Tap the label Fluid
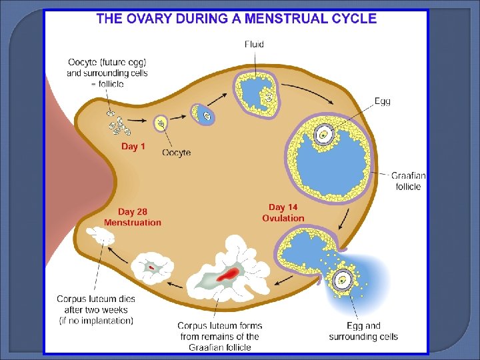pos(254,45)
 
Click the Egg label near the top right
pos(383,101)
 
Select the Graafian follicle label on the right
pos(408,181)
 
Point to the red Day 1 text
pos(133,147)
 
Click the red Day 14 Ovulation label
pos(283,213)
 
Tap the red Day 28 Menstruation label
pos(133,217)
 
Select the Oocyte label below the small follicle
pos(177,153)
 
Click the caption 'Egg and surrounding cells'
pos(363,331)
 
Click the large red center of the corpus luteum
pos(229,273)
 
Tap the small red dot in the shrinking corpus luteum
pos(151,267)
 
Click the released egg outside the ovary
pos(344,279)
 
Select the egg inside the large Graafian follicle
pos(323,135)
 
